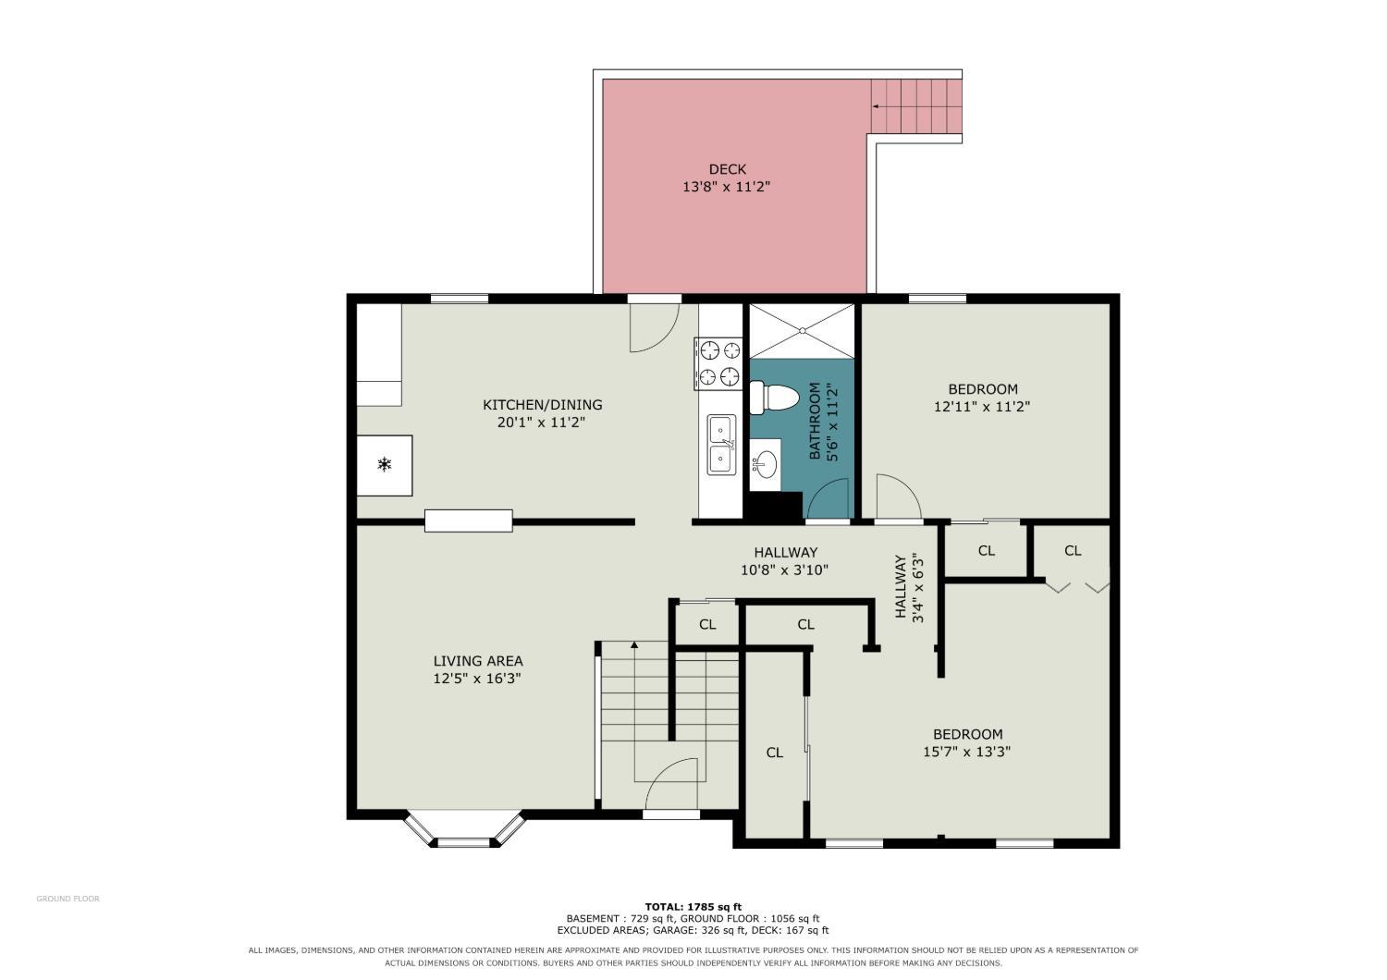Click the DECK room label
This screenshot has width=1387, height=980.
pos(727,169)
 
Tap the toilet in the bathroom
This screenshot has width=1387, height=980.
pos(773,398)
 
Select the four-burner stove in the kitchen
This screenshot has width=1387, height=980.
pos(718,363)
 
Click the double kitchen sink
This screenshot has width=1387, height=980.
pos(722,445)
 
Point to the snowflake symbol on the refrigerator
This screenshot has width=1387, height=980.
pos(385,464)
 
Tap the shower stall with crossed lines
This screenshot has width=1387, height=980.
pos(802,331)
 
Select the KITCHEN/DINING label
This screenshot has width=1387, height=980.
pos(543,405)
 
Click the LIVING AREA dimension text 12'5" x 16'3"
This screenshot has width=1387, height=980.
pos(477,679)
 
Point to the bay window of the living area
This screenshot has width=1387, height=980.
pos(464,828)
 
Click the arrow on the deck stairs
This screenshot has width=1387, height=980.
pos(917,106)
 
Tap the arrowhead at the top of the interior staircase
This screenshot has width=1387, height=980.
pos(634,645)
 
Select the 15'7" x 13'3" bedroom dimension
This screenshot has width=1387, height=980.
pos(966,752)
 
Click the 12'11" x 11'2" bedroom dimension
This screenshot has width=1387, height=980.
pos(982,407)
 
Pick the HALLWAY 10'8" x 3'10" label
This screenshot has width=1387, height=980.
pos(785,561)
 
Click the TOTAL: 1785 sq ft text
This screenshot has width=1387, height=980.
pos(693,907)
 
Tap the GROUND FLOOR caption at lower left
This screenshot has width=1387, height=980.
pos(68,899)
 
